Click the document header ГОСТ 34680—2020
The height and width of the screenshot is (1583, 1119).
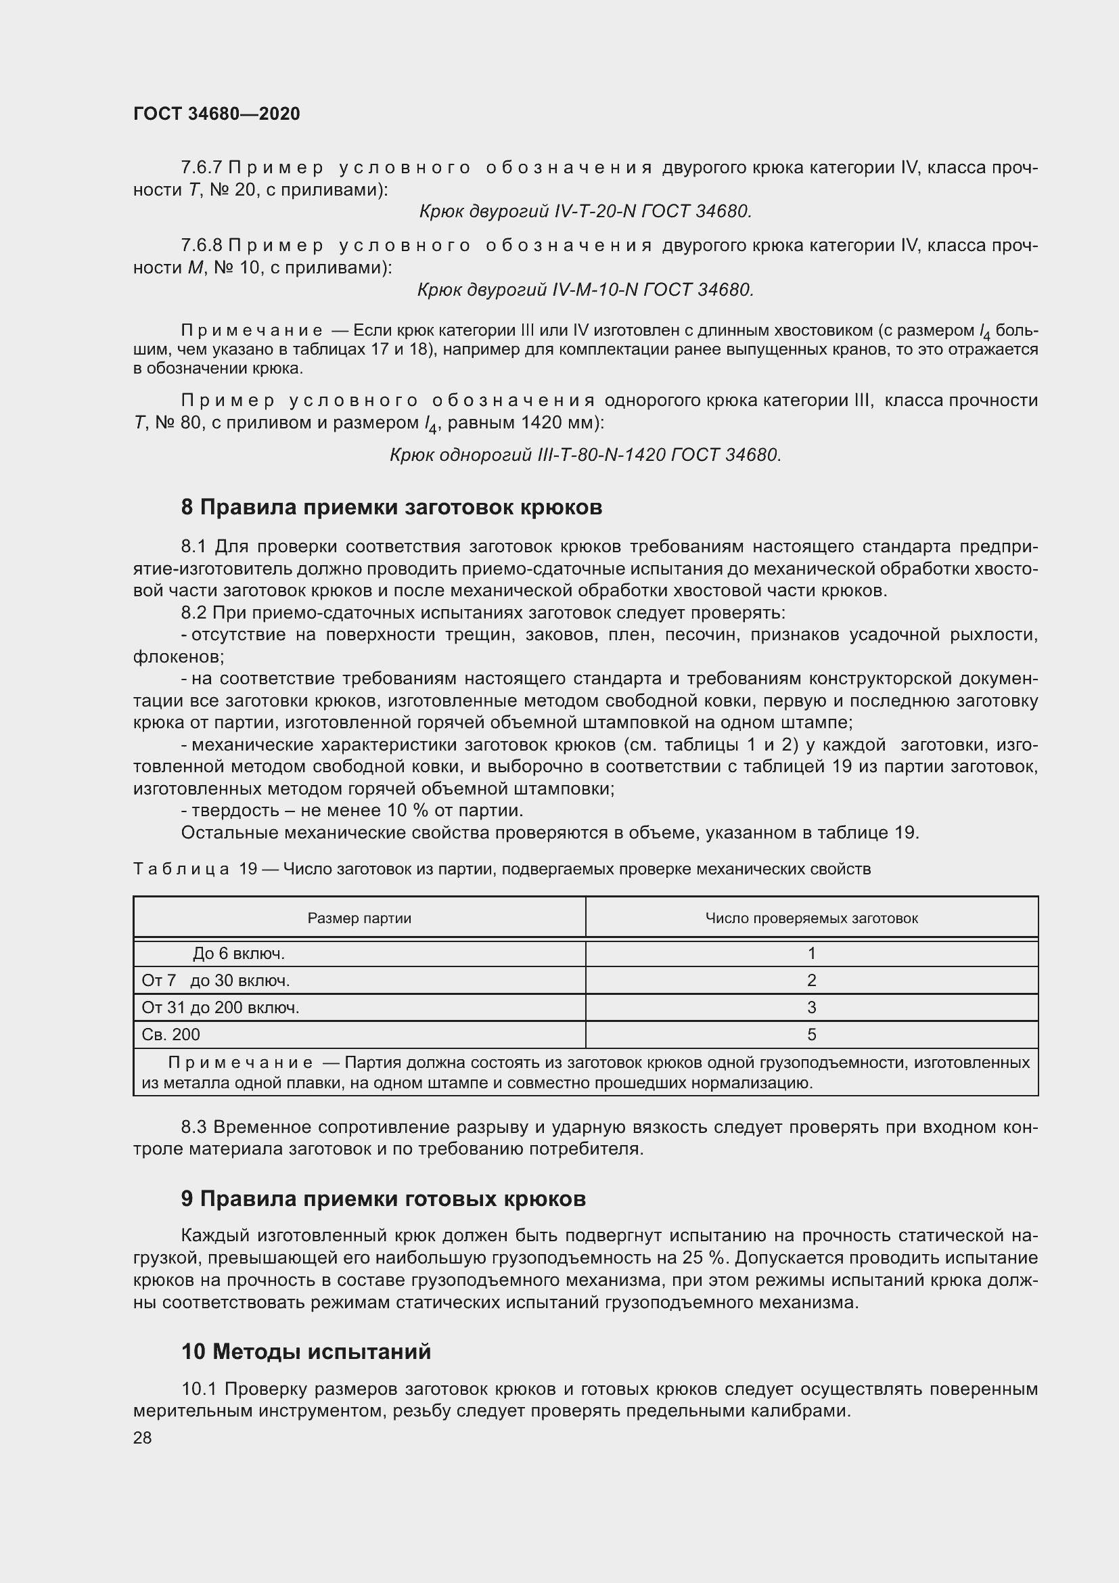click(x=216, y=114)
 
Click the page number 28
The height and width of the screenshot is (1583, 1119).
click(x=142, y=1437)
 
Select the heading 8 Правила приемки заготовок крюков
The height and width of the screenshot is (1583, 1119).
click(x=391, y=508)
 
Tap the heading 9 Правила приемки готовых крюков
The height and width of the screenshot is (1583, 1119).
click(x=383, y=1199)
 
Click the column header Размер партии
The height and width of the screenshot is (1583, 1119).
click(x=359, y=918)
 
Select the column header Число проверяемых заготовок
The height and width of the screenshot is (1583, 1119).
click(x=811, y=918)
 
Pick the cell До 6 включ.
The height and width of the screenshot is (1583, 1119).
click(x=238, y=954)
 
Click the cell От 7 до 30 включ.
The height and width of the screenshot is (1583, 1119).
click(x=216, y=981)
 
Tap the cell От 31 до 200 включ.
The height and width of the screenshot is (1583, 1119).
click(x=221, y=1007)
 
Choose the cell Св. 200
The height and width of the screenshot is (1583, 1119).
click(x=171, y=1034)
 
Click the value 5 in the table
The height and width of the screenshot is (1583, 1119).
click(x=811, y=1034)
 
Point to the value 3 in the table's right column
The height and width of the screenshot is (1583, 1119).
click(x=811, y=1007)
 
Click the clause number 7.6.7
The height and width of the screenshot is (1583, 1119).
click(x=201, y=168)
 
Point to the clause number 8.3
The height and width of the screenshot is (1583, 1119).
click(x=194, y=1128)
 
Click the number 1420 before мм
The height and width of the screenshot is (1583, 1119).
click(x=541, y=422)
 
